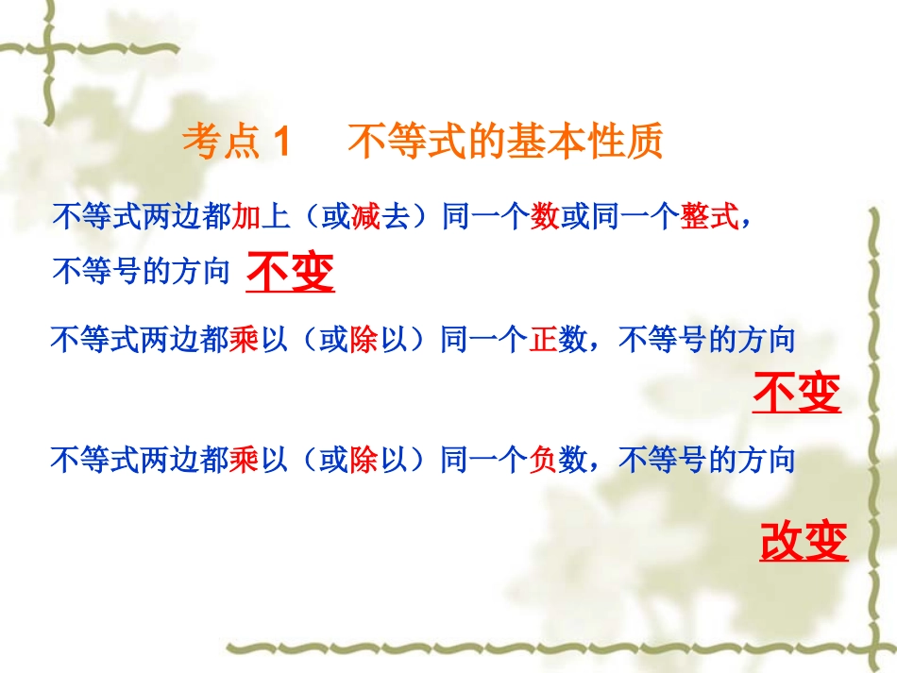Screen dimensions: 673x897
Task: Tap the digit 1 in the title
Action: point(280,143)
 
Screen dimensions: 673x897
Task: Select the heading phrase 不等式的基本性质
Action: point(506,143)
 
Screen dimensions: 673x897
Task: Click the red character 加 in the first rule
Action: point(245,218)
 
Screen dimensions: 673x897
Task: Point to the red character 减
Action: point(364,218)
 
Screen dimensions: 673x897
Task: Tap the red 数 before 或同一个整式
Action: point(545,218)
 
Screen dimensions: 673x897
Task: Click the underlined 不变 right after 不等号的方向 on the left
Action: point(290,274)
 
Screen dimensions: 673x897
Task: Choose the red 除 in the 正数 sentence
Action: point(364,339)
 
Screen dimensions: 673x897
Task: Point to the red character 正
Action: point(542,339)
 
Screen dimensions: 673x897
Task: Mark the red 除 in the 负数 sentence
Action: point(364,461)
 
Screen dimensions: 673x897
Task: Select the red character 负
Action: point(542,461)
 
